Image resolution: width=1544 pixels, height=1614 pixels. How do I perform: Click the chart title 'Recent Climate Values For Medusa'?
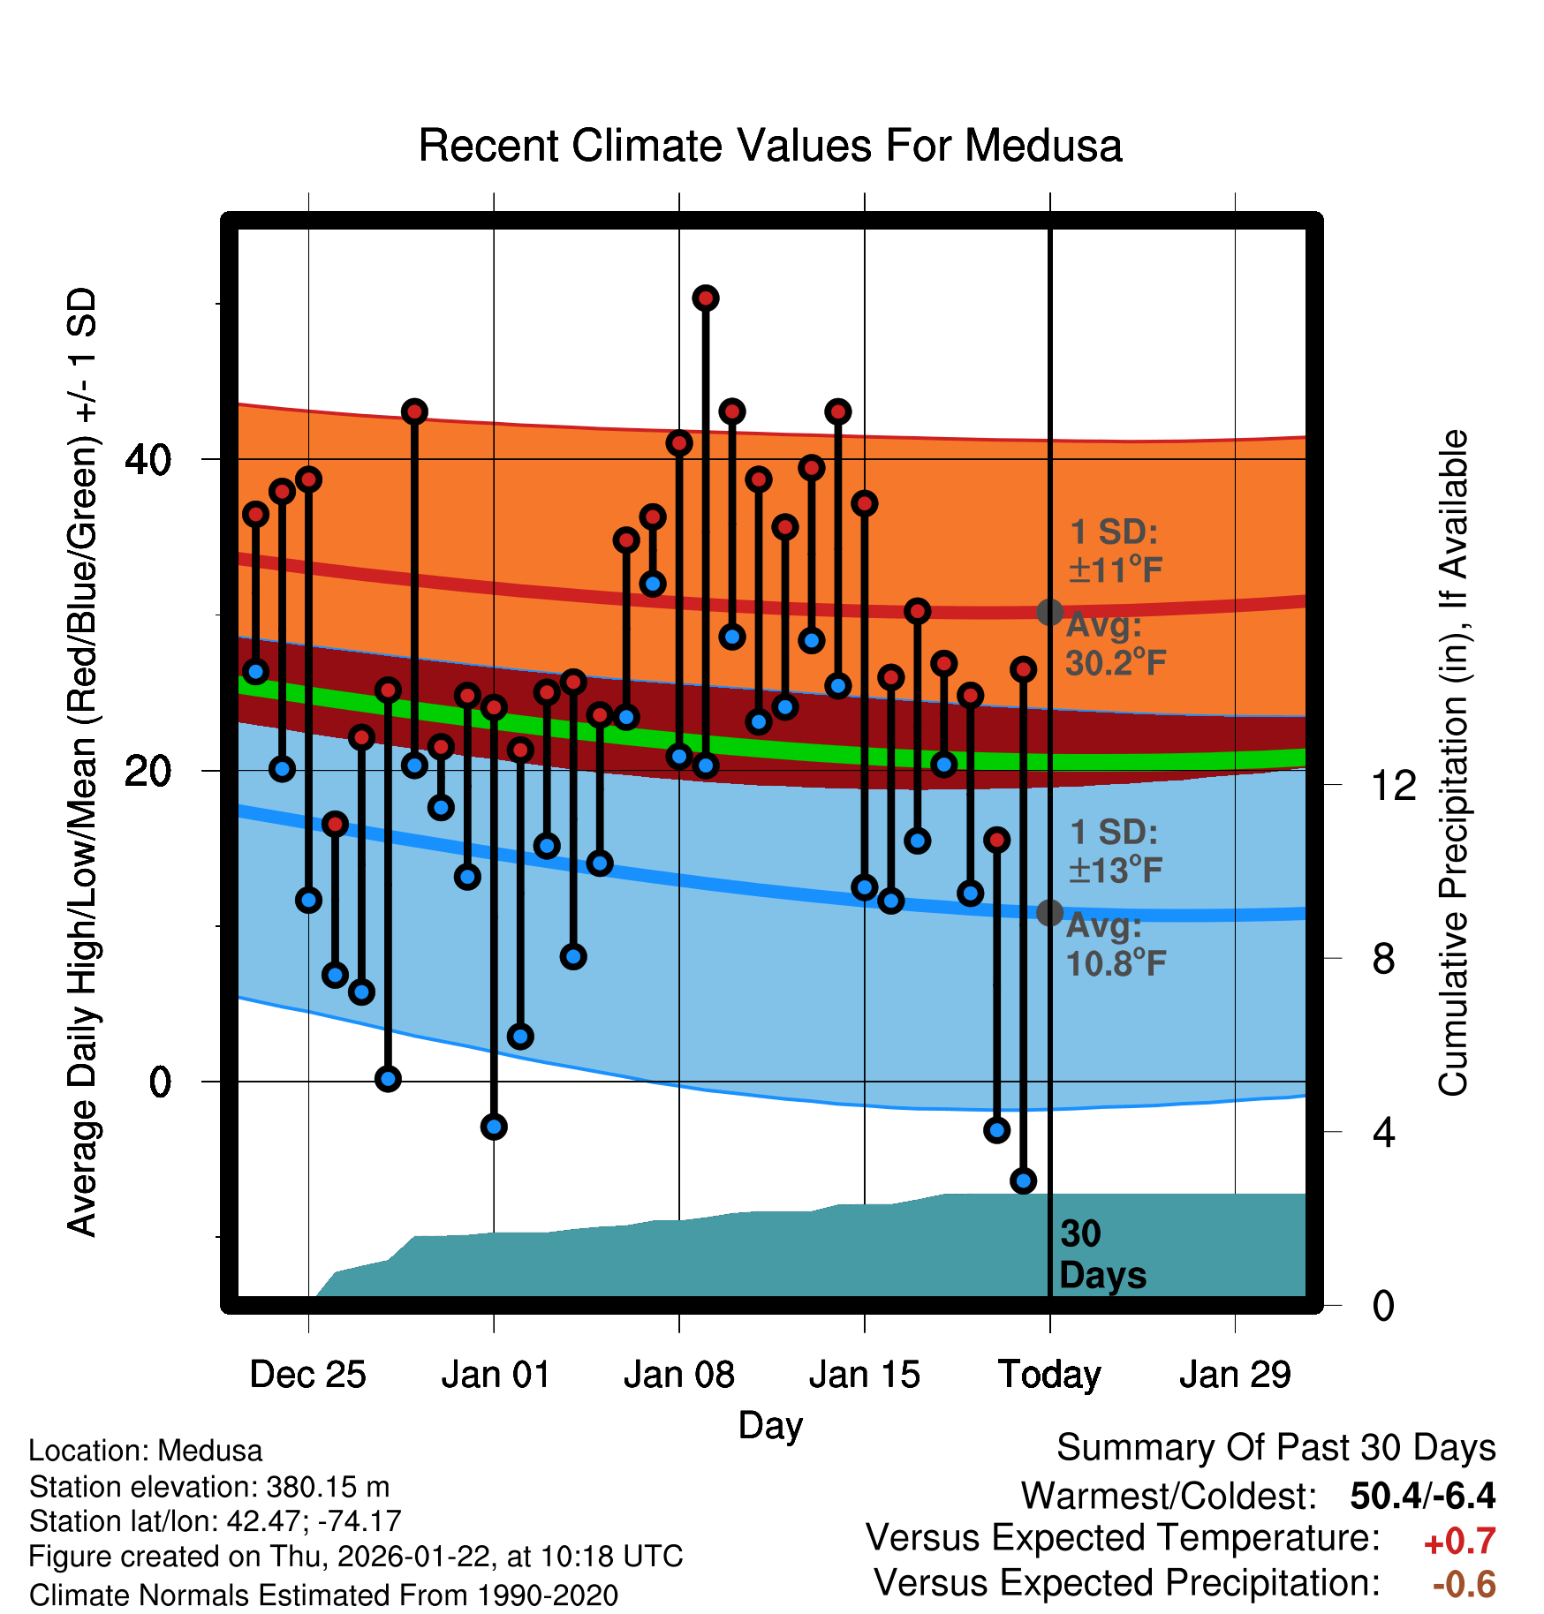770,146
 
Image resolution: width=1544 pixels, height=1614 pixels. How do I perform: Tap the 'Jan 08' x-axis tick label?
678,1375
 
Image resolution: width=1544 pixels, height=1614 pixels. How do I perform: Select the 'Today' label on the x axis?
1049,1375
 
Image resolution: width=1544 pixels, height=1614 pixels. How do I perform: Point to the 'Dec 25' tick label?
307,1375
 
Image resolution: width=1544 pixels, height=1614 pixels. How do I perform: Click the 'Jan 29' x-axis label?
1235,1375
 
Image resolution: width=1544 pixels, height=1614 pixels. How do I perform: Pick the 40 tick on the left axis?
148,459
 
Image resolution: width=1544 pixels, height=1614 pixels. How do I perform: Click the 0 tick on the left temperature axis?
159,1082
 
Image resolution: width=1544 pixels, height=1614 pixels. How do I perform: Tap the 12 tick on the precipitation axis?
1394,785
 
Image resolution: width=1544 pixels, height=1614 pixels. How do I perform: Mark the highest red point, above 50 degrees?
705,298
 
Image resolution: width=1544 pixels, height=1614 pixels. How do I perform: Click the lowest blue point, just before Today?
1023,1180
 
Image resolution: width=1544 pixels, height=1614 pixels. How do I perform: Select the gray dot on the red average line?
1049,612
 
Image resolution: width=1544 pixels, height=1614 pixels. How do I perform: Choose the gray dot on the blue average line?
1049,912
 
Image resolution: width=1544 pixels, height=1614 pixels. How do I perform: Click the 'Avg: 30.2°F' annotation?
1115,645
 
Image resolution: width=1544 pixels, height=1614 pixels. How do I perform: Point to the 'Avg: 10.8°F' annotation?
1115,945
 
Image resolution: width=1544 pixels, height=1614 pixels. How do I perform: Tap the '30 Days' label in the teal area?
1101,1255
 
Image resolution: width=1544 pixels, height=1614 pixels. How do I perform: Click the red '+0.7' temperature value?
1459,1542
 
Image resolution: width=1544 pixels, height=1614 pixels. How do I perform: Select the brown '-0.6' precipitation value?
1464,1584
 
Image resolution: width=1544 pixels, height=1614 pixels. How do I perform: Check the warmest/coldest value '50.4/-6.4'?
1422,1496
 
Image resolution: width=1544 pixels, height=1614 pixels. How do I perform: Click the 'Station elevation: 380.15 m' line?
209,1487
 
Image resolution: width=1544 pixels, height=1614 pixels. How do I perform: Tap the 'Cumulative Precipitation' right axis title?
1453,764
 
